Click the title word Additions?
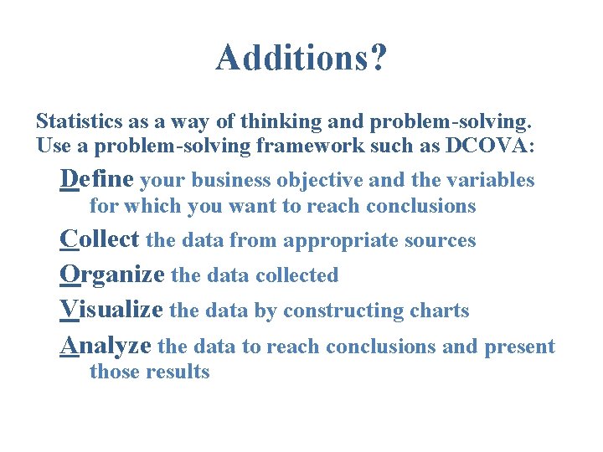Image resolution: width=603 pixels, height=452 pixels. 301,59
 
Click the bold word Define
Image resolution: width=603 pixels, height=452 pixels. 97,179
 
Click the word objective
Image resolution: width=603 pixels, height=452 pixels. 325,180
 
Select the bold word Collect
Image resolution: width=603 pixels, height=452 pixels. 100,239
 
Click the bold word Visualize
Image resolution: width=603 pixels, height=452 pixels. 111,310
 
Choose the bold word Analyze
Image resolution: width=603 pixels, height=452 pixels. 106,345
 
